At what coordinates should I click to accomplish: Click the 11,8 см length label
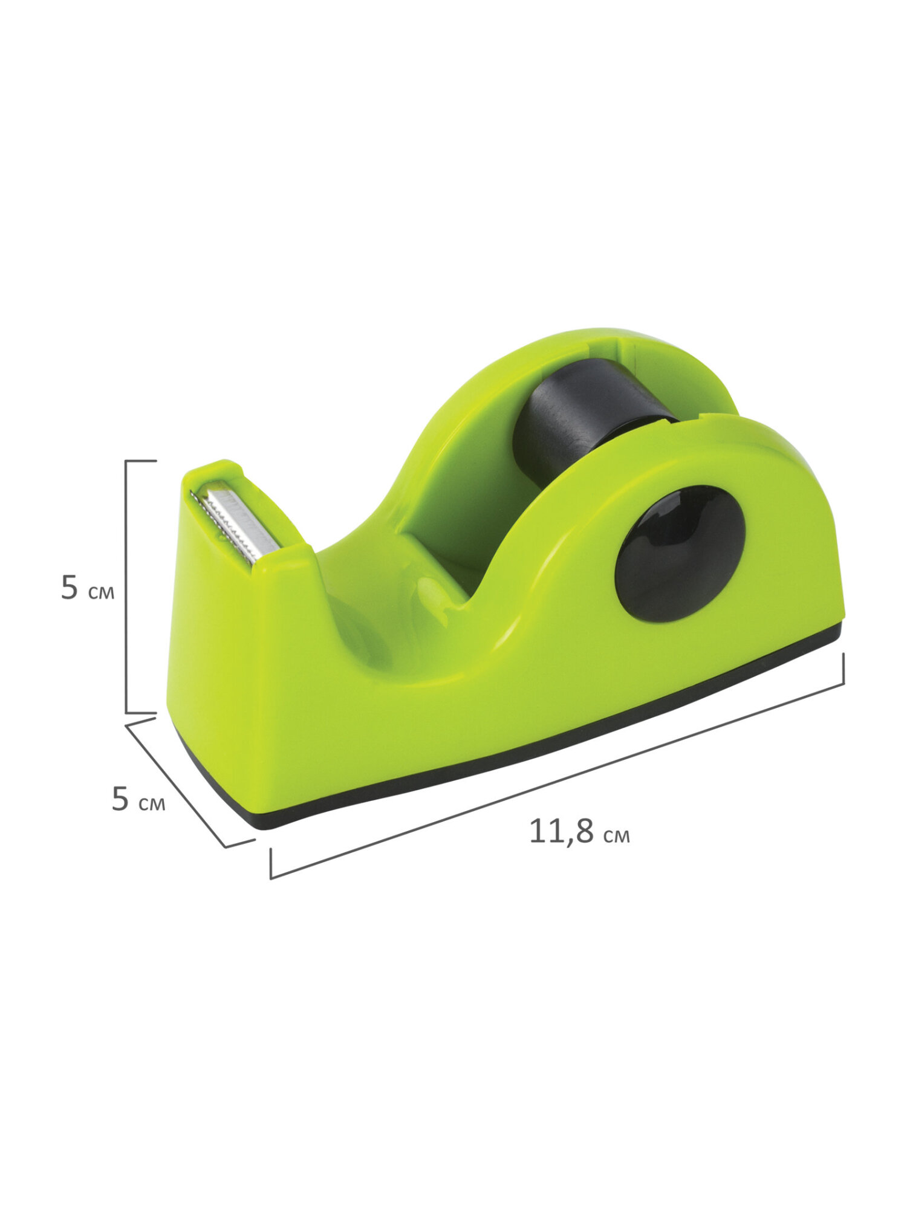(x=579, y=832)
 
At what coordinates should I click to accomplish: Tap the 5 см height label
(x=87, y=588)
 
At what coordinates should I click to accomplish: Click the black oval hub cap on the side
(x=680, y=553)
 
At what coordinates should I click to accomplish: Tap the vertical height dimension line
(x=126, y=586)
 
